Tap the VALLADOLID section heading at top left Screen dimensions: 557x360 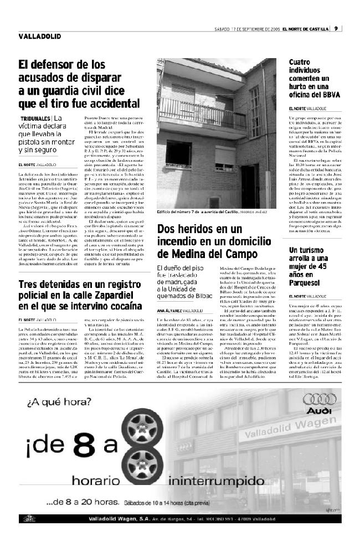tap(39, 37)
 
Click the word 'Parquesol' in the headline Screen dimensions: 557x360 tap(308, 283)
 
